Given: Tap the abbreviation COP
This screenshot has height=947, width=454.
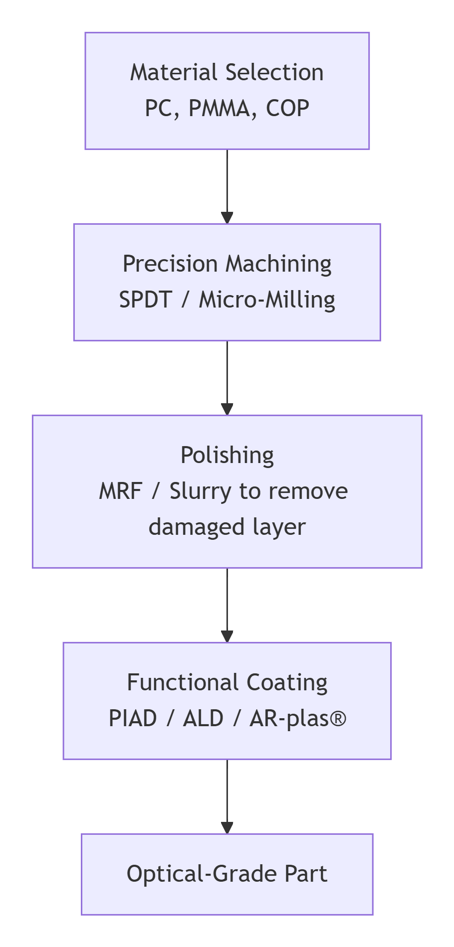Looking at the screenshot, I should point(287,109).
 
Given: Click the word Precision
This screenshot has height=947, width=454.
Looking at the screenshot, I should point(170,264).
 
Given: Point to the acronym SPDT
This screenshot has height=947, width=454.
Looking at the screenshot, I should point(145,300).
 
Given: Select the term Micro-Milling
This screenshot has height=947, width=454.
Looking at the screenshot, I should point(267,300).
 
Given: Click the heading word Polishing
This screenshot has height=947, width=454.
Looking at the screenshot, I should point(227,456).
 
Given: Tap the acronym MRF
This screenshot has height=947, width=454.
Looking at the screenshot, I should point(121,491).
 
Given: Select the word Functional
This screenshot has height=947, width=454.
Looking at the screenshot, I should point(182,683).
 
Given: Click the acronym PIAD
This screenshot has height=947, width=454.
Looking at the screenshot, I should point(133,719).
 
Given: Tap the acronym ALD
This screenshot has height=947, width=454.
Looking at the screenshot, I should point(203,719).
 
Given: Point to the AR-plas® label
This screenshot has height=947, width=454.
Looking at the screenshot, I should point(297,719).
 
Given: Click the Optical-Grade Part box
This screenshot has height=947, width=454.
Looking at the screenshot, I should point(227,874).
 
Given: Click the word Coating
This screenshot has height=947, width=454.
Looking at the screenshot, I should point(287,683).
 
